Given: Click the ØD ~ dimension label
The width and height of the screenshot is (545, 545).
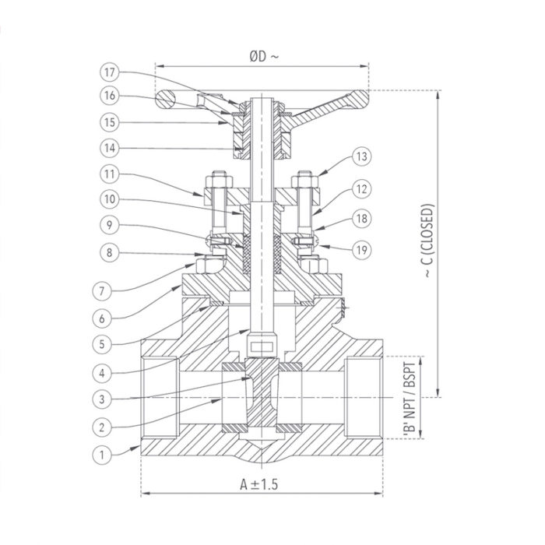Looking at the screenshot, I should [x=263, y=55].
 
